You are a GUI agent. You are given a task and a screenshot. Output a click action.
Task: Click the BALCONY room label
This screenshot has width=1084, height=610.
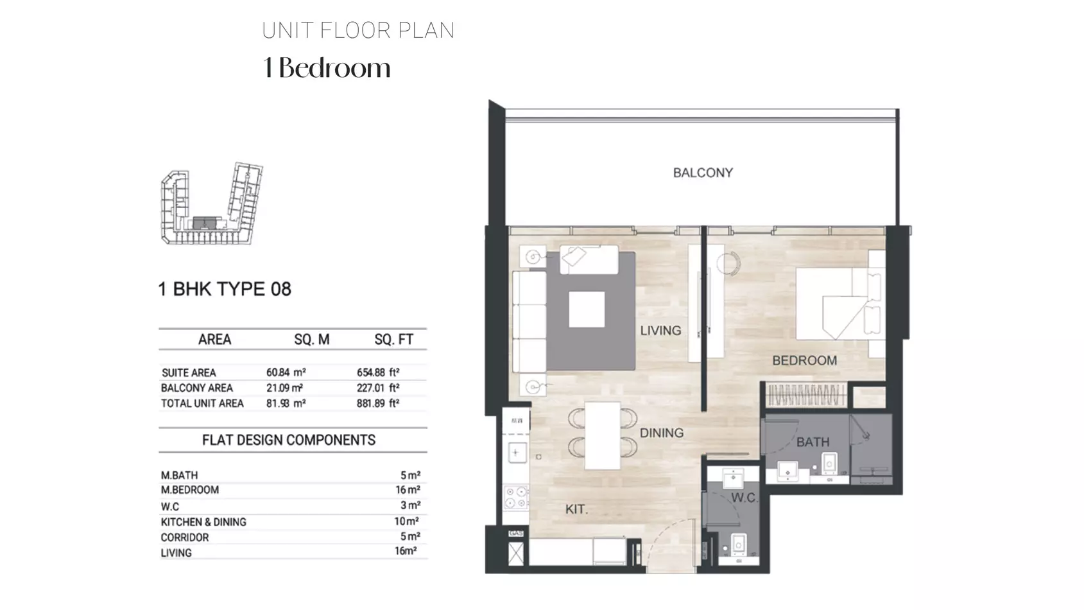pyautogui.click(x=703, y=173)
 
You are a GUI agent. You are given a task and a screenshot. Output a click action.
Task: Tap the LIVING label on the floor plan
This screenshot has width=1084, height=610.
pyautogui.click(x=660, y=331)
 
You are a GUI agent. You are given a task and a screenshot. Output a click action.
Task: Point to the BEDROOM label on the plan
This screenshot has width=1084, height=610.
pyautogui.click(x=804, y=361)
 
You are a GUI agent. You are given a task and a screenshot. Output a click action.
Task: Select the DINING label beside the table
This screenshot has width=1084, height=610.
pyautogui.click(x=662, y=433)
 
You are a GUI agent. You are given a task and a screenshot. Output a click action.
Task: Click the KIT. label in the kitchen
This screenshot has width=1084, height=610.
pyautogui.click(x=576, y=509)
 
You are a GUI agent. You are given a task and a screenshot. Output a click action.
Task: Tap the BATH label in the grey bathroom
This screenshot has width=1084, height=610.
pyautogui.click(x=813, y=442)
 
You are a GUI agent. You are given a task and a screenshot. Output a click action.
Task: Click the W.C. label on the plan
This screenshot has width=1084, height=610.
pyautogui.click(x=744, y=498)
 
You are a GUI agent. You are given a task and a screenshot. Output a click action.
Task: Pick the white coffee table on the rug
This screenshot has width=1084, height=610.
pyautogui.click(x=587, y=309)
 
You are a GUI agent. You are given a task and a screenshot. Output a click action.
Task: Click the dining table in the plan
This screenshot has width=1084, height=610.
pyautogui.click(x=603, y=436)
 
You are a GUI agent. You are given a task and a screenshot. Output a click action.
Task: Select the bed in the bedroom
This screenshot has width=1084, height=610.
pyautogui.click(x=841, y=304)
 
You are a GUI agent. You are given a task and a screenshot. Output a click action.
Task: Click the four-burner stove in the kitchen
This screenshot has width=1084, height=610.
pyautogui.click(x=516, y=498)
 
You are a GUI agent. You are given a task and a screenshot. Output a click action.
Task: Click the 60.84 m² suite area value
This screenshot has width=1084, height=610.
pyautogui.click(x=286, y=372)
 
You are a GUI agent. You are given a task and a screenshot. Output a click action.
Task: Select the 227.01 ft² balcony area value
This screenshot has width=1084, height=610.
pyautogui.click(x=378, y=388)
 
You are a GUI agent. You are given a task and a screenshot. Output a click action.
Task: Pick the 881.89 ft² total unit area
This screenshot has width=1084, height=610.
pyautogui.click(x=378, y=403)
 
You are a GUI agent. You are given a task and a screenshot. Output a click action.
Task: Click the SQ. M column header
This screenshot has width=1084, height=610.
pyautogui.click(x=312, y=340)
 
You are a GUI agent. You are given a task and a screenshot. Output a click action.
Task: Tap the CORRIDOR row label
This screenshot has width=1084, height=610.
pyautogui.click(x=185, y=537)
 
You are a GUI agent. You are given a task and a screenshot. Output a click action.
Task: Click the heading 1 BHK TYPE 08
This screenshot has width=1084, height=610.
pyautogui.click(x=225, y=289)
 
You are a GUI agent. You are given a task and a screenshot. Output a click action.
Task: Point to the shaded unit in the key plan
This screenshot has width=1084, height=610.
pyautogui.click(x=205, y=223)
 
